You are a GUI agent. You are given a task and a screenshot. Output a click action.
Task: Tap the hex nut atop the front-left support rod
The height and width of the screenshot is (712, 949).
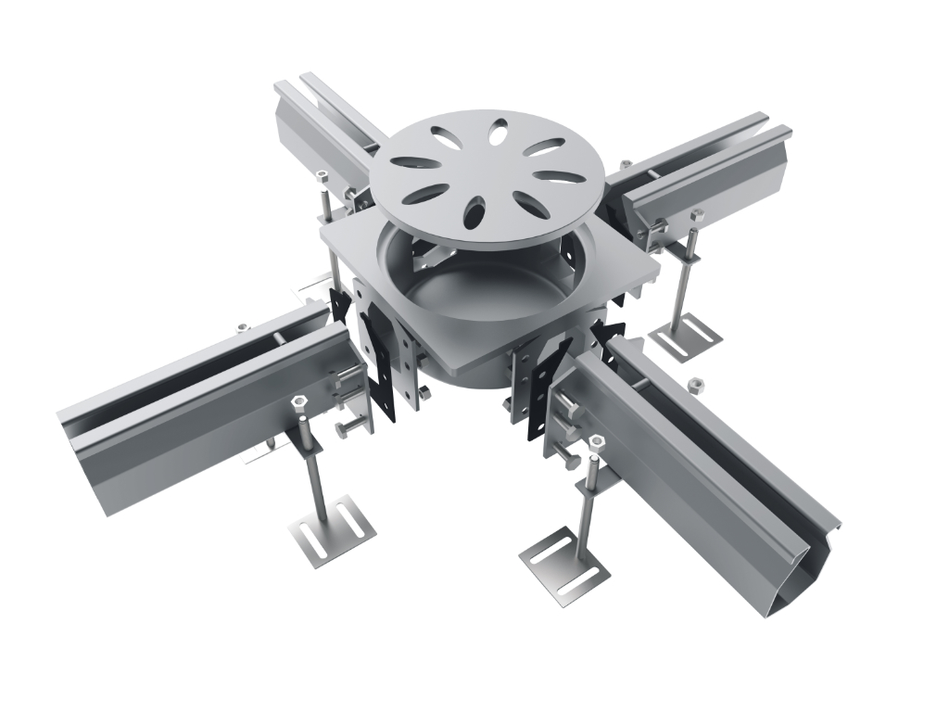tap(299, 401)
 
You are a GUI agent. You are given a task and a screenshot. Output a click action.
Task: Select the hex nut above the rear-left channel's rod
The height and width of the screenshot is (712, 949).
tap(322, 175)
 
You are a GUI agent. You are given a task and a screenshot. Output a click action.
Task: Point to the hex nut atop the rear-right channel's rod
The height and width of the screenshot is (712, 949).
tap(696, 216)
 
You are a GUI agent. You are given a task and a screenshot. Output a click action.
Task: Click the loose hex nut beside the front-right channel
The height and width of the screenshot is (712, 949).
tap(693, 381)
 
